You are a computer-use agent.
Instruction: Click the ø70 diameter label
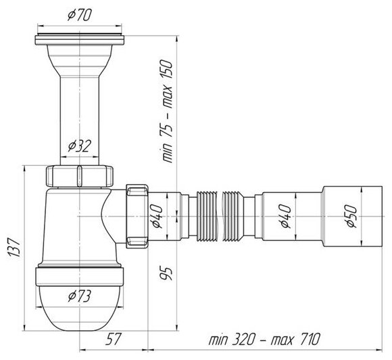click(80, 15)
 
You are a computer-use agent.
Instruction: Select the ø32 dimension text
click(80, 146)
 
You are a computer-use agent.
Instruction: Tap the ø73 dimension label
click(80, 296)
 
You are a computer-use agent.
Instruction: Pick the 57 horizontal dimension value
click(114, 339)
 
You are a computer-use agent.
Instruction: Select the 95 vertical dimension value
click(166, 273)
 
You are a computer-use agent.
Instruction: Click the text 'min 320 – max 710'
click(264, 340)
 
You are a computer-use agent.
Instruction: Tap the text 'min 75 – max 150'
click(166, 111)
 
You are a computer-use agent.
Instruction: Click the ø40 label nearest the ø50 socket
click(285, 217)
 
